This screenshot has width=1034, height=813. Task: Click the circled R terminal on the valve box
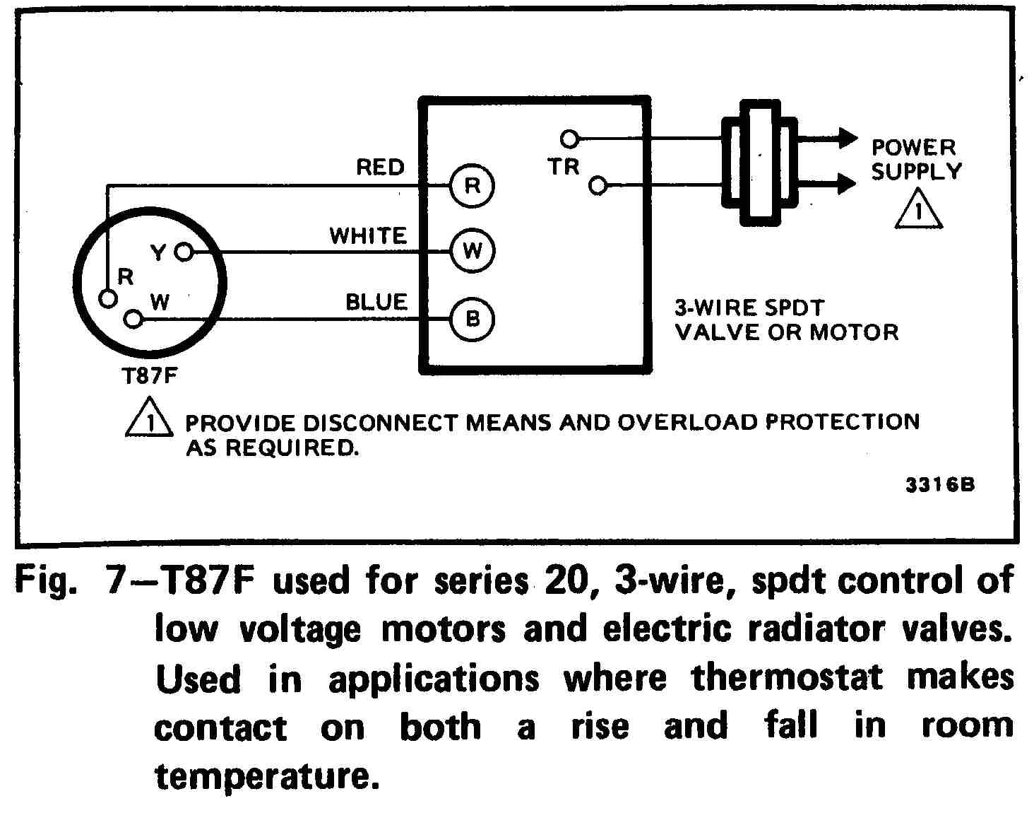tap(473, 186)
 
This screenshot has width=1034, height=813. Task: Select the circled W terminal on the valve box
tap(473, 251)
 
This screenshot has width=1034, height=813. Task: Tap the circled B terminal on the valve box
tap(473, 319)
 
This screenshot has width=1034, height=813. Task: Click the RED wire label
tap(380, 168)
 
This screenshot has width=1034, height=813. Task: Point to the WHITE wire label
tap(368, 235)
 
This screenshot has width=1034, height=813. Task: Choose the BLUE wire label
tap(376, 303)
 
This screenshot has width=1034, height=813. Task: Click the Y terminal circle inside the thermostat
tap(184, 251)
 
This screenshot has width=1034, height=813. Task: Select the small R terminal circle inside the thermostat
tap(107, 298)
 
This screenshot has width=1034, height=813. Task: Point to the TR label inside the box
tap(564, 168)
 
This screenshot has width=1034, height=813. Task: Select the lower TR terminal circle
tap(598, 186)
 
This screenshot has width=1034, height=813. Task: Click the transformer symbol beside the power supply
tap(759, 162)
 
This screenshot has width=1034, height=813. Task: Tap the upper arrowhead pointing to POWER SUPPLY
tap(847, 138)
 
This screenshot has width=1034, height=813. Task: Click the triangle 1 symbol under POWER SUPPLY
tap(918, 210)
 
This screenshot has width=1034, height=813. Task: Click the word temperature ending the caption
tap(262, 776)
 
